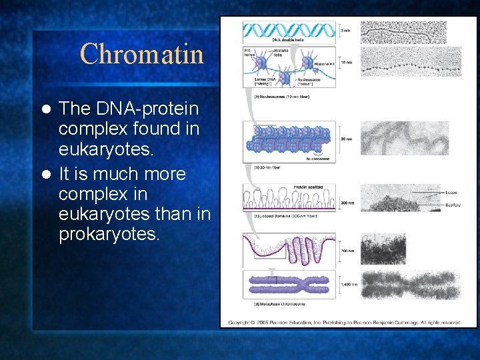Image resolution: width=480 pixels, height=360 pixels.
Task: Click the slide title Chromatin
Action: pyautogui.click(x=141, y=53)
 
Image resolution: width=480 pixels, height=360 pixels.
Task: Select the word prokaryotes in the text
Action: pyautogui.click(x=109, y=235)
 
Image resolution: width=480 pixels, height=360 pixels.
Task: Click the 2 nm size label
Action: pyautogui.click(x=344, y=31)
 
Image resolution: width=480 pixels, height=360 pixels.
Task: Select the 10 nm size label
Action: pyautogui.click(x=345, y=63)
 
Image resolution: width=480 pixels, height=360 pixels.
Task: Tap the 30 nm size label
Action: pyautogui.click(x=345, y=139)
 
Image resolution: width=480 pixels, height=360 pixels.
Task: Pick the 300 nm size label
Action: pyautogui.click(x=347, y=202)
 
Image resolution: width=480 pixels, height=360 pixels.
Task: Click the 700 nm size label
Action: pyautogui.click(x=347, y=251)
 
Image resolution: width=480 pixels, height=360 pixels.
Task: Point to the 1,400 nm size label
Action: pyautogui.click(x=348, y=284)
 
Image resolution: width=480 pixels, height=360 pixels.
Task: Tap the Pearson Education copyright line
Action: pyautogui.click(x=344, y=323)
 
